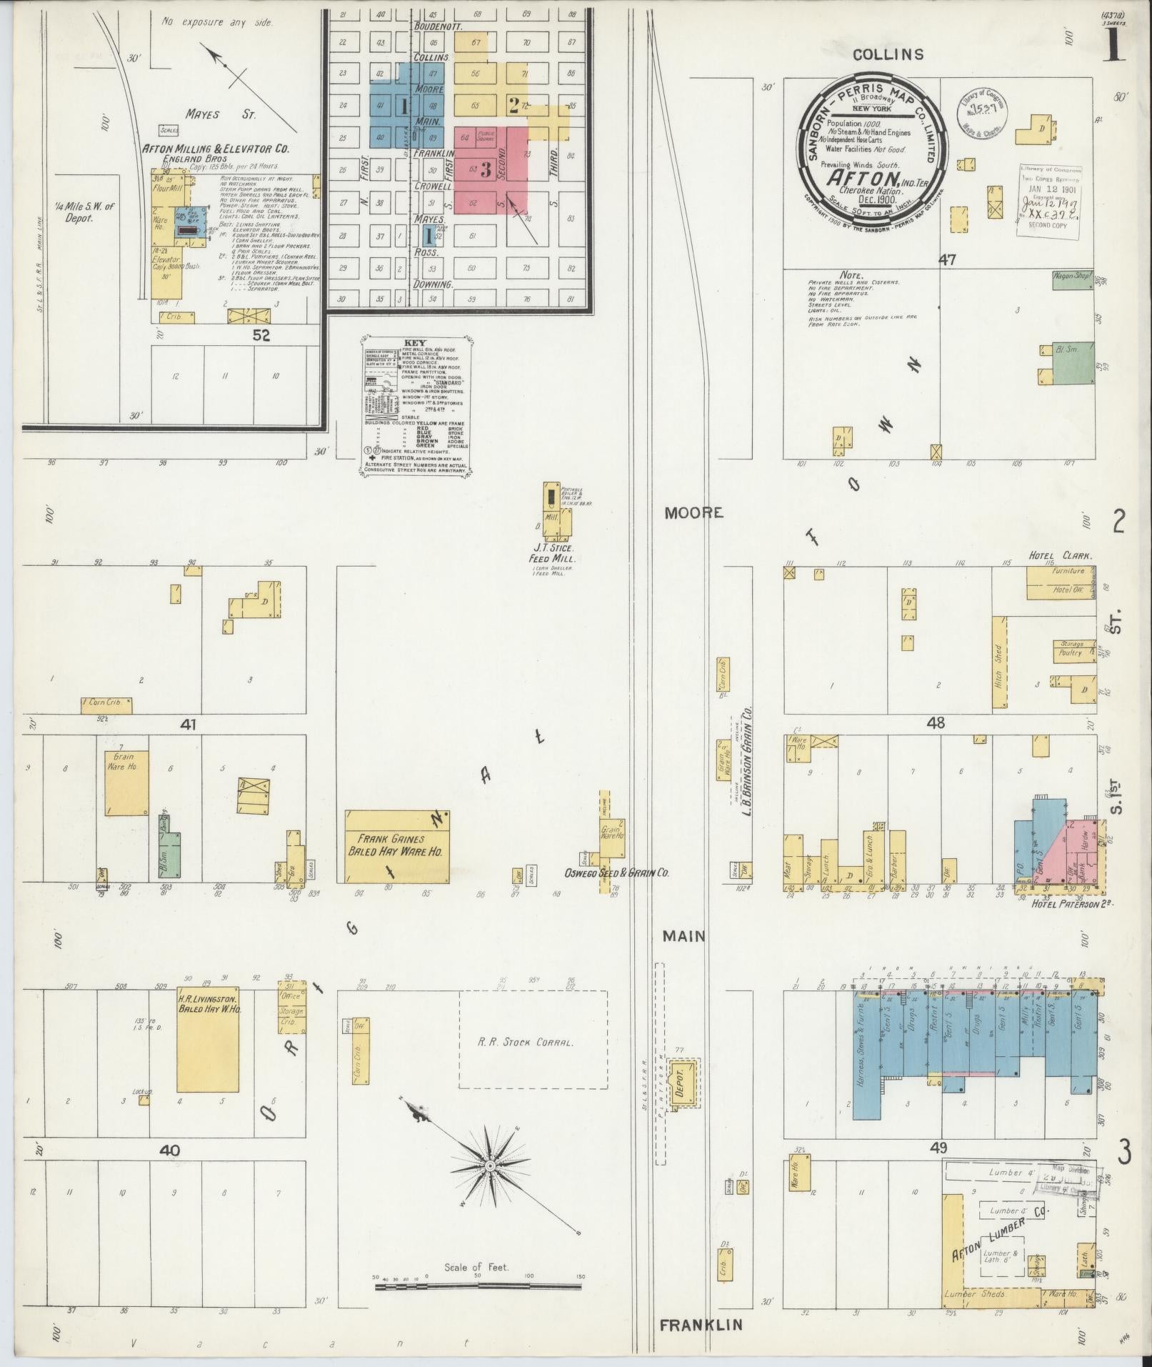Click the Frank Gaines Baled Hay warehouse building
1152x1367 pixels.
pos(397,846)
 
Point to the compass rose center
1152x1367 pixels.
pos(491,1165)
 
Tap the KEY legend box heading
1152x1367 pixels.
pos(414,342)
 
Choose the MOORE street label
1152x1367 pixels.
pos(693,512)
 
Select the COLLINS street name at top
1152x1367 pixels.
pos(888,54)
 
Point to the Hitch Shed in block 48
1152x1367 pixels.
pos(999,664)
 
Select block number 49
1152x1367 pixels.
pos(938,1148)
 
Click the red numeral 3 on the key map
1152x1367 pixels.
pos(486,169)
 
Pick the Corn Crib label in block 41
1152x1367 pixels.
pos(106,705)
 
